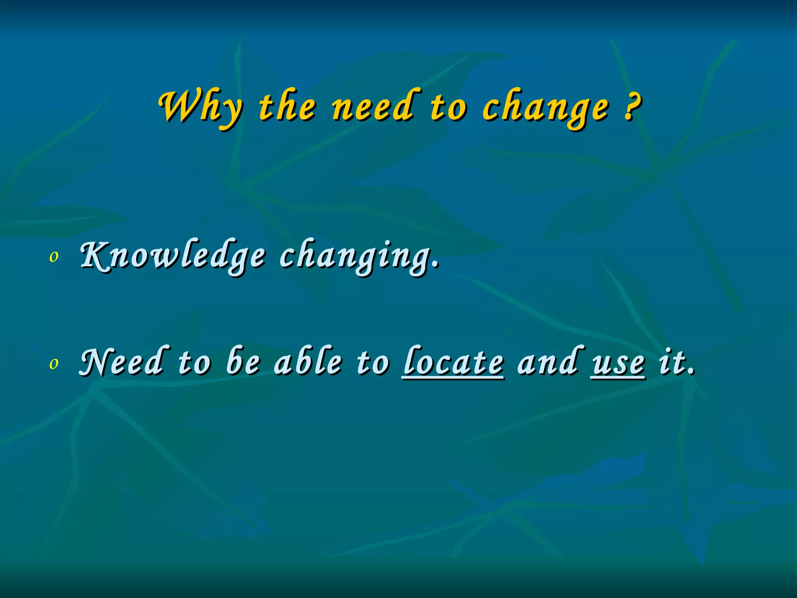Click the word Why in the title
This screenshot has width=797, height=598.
pyautogui.click(x=201, y=107)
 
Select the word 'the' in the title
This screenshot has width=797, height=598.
pyautogui.click(x=287, y=107)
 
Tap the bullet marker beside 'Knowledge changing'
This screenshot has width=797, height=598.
pyautogui.click(x=54, y=257)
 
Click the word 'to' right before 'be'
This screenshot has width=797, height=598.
pyautogui.click(x=195, y=363)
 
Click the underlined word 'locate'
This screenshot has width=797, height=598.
pyautogui.click(x=454, y=362)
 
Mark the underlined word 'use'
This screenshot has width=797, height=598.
pyautogui.click(x=618, y=364)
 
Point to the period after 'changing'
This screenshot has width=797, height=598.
pyautogui.click(x=436, y=266)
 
